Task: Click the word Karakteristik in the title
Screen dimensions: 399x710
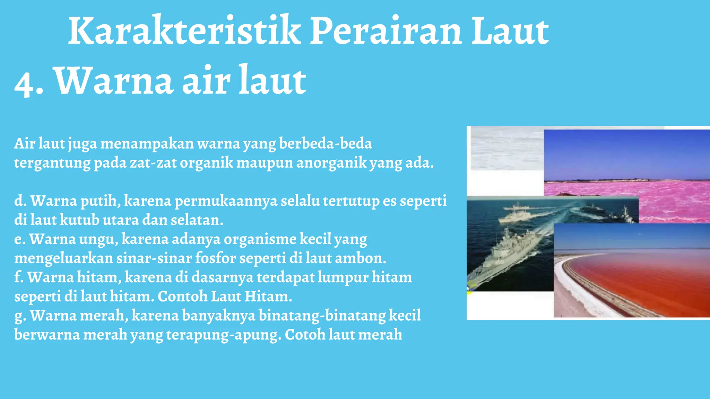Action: click(x=184, y=31)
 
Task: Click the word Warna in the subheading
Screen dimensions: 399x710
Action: click(x=114, y=81)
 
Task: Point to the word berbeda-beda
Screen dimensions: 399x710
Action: click(x=325, y=143)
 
